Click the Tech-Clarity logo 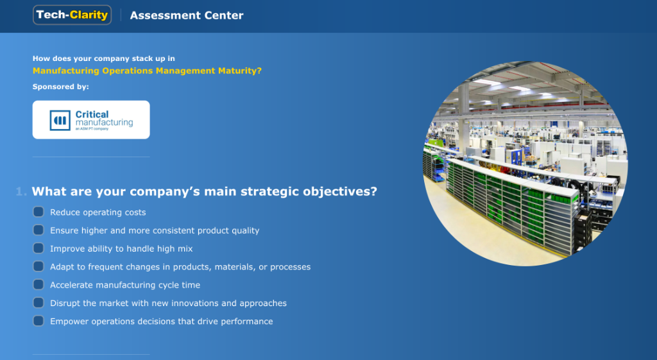pos(72,15)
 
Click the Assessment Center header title pos(187,15)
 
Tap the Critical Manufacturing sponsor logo pos(91,119)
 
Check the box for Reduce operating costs pos(38,212)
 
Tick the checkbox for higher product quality pos(38,230)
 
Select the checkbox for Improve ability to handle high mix pos(38,248)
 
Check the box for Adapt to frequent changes pos(38,266)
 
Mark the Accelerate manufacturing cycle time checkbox pos(38,284)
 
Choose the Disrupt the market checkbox pos(38,303)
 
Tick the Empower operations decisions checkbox pos(38,321)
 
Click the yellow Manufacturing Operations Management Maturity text pos(147,71)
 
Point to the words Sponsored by pos(61,87)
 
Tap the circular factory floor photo pos(525,164)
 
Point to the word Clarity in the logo pos(89,15)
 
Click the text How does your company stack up pos(103,58)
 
